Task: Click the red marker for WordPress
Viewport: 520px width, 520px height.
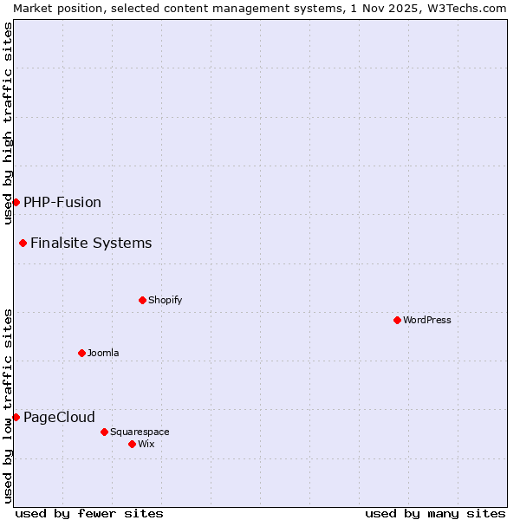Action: tap(397, 320)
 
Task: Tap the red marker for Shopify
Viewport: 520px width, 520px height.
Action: tap(142, 300)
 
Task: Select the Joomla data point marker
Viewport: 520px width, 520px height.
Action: tap(81, 353)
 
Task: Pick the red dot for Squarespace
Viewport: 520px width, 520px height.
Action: tap(104, 432)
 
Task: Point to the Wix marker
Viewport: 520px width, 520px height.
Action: tap(132, 444)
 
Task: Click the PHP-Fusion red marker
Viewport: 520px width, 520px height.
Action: tap(16, 202)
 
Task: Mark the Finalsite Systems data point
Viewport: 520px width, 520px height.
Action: tap(23, 243)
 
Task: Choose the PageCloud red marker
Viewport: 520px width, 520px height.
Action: tap(16, 417)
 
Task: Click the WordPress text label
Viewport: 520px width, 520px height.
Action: tap(427, 320)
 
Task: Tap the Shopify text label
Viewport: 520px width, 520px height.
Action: tap(165, 300)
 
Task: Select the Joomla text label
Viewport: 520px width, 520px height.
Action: tap(103, 353)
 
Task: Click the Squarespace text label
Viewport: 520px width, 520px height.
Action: tap(140, 432)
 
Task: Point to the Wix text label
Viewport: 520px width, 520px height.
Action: tap(146, 444)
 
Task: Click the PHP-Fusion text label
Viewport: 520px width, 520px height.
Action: tap(62, 202)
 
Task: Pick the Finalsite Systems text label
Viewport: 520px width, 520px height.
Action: tap(91, 243)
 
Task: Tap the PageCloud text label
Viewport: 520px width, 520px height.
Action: tap(59, 417)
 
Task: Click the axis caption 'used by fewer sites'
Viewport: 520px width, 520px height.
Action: tap(89, 513)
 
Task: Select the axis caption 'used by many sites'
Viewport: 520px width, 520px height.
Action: tap(435, 513)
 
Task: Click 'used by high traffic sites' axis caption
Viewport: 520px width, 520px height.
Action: tap(8, 123)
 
